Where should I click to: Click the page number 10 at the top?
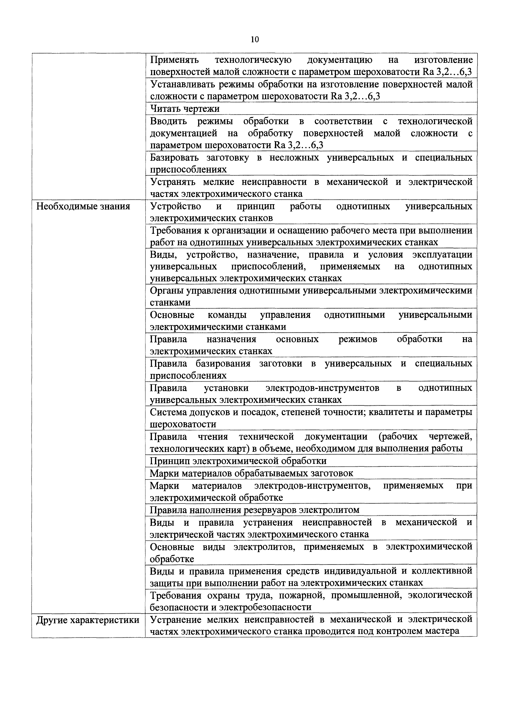[255, 40]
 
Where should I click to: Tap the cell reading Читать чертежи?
[185, 109]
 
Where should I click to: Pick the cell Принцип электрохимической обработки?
[238, 461]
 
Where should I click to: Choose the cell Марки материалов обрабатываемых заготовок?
[251, 473]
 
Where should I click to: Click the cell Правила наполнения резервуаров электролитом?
[254, 510]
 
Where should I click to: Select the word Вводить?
[168, 121]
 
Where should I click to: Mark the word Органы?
[166, 290]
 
